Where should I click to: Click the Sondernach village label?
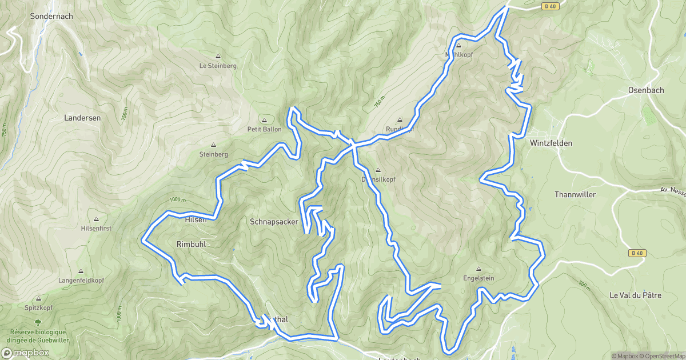pyautogui.click(x=51, y=17)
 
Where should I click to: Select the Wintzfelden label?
pyautogui.click(x=551, y=143)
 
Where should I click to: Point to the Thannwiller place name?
pyautogui.click(x=575, y=195)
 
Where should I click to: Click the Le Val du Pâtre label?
pyautogui.click(x=635, y=295)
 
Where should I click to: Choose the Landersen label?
pyautogui.click(x=82, y=118)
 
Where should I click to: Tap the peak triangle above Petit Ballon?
pyautogui.click(x=264, y=120)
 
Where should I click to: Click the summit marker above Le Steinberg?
pyautogui.click(x=218, y=57)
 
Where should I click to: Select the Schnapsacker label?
pyautogui.click(x=274, y=221)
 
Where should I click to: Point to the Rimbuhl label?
pyautogui.click(x=191, y=244)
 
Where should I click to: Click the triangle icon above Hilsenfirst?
pyautogui.click(x=96, y=219)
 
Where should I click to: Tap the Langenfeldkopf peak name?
pyautogui.click(x=81, y=281)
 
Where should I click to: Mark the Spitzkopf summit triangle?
pyautogui.click(x=38, y=299)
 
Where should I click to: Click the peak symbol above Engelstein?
pyautogui.click(x=478, y=269)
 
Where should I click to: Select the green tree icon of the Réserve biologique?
pyautogui.click(x=38, y=323)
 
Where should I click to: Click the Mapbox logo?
pyautogui.click(x=25, y=353)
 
